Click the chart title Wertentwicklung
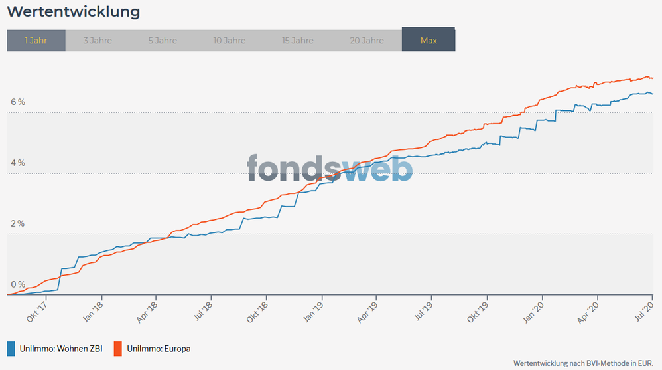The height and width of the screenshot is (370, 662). point(73,12)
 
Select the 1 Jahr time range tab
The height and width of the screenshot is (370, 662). point(36,41)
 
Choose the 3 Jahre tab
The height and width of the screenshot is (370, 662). point(98,41)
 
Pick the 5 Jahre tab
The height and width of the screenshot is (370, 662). point(163,41)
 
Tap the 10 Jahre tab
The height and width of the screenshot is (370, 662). point(230,41)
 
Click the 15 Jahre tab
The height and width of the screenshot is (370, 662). point(298,41)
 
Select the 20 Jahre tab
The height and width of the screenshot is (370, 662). point(367,41)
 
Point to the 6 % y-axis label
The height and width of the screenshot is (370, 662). point(17,102)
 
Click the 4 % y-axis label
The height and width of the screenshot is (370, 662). point(17,163)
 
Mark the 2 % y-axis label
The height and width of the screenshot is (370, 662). point(17,224)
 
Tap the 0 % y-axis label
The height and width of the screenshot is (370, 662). point(17,284)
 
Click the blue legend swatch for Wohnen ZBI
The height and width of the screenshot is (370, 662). point(11,348)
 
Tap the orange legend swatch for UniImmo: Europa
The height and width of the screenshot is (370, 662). point(118,348)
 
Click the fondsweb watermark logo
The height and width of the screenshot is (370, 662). point(330,169)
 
